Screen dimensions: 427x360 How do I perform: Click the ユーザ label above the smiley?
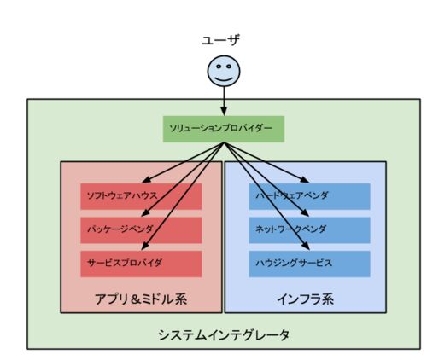point(220,40)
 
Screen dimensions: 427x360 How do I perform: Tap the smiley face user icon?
point(224,71)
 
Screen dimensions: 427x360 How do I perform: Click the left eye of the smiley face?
point(219,67)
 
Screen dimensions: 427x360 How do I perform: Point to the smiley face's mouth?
point(224,78)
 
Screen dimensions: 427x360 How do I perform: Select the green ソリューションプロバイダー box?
point(224,129)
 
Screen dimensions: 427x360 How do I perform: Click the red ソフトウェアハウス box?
point(141,196)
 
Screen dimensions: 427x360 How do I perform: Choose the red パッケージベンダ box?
point(141,230)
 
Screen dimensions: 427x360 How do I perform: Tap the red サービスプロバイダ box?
point(141,264)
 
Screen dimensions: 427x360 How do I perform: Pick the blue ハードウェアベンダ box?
point(309,196)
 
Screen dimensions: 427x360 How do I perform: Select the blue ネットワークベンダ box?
point(309,230)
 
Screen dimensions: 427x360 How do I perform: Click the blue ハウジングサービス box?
point(309,264)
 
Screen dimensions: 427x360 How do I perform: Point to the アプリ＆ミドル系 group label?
point(141,299)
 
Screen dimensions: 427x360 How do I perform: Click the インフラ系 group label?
point(306,299)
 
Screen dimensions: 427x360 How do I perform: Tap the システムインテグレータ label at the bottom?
point(224,334)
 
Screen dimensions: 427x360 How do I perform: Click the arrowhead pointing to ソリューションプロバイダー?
point(224,112)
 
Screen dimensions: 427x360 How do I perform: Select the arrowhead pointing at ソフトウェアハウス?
point(146,179)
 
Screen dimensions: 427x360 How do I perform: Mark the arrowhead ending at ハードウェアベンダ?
point(305,179)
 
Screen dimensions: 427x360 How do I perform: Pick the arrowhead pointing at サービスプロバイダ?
point(145,246)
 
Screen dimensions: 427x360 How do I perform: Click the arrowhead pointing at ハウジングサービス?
point(306,246)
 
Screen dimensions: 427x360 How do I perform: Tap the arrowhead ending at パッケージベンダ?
point(145,212)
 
